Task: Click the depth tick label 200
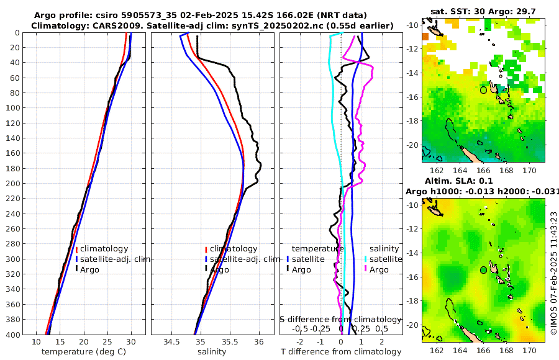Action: click(x=14, y=184)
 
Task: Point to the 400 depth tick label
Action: click(x=14, y=335)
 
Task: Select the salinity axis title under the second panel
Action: click(x=212, y=352)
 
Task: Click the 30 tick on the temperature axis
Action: click(x=131, y=342)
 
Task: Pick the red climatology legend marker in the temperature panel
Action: click(x=76, y=249)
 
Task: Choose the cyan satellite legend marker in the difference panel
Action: click(x=365, y=259)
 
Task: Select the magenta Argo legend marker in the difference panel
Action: click(x=365, y=269)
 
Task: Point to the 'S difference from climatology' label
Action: click(x=340, y=319)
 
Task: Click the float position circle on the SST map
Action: click(x=483, y=90)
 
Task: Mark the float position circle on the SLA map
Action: click(x=483, y=270)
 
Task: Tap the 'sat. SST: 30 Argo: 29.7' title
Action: click(x=482, y=11)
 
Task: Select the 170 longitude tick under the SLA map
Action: click(x=530, y=351)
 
